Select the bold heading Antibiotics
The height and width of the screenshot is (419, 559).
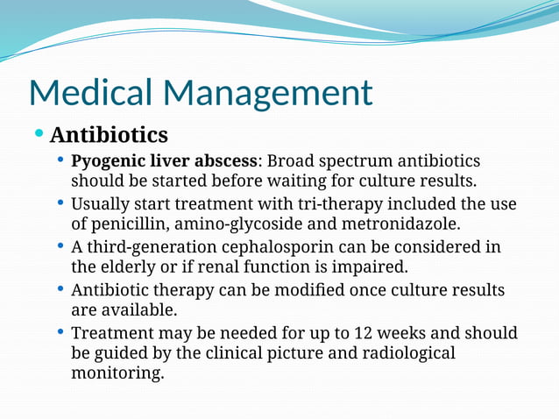coord(109,136)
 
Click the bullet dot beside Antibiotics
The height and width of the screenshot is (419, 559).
coord(39,134)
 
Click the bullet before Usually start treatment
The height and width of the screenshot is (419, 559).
coord(60,202)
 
